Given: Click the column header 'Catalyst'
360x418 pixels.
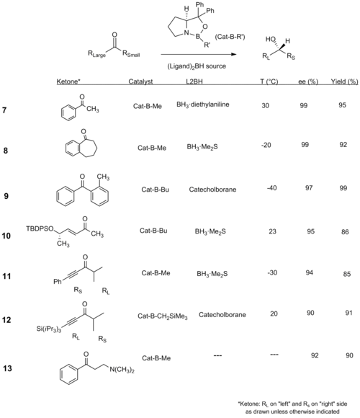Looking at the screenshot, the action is point(140,81).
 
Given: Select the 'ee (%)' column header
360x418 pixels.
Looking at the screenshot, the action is point(308,81).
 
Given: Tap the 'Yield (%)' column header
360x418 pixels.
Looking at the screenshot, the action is point(344,81).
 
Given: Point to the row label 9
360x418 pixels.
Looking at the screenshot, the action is point(6,196).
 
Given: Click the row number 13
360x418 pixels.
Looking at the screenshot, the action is point(7,368).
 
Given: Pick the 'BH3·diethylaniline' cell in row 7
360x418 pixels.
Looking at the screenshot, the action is point(202,104).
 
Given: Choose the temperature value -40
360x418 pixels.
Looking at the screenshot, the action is point(272,188).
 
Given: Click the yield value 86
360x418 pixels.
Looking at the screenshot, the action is point(345,231).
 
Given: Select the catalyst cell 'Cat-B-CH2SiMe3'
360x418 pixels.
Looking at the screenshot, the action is point(163,316).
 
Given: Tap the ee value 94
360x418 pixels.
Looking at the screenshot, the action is point(309,272).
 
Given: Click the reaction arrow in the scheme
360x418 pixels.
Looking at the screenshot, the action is point(199,54).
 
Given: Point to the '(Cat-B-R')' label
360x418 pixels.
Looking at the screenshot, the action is point(230,37).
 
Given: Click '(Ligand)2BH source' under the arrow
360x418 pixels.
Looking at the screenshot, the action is point(197,66).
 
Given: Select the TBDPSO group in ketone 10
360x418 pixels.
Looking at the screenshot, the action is point(40,228).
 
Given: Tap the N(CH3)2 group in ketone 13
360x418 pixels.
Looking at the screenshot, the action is point(122,370).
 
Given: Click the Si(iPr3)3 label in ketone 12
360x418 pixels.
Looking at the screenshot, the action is point(49,329).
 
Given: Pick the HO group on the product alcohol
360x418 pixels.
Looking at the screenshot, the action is point(270,39).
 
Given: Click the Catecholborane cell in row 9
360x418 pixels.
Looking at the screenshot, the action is point(212,190).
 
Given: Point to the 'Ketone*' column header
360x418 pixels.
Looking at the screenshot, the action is point(68,81).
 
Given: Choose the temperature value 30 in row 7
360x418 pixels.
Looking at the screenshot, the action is point(265,105).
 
